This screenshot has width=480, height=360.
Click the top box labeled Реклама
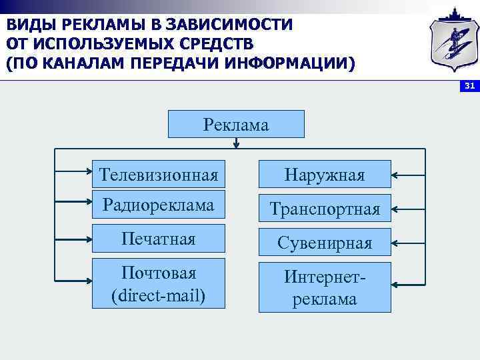click(236, 124)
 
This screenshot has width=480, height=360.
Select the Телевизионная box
click(158, 175)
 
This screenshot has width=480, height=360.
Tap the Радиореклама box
click(158, 205)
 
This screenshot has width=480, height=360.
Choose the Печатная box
click(158, 239)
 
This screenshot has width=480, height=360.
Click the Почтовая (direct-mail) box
click(158, 284)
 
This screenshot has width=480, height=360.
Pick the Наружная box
click(324, 175)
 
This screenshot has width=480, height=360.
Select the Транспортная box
click(324, 209)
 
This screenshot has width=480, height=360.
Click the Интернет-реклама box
click(324, 287)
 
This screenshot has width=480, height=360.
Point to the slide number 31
click(469, 87)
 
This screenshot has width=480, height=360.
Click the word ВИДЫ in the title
click(31, 25)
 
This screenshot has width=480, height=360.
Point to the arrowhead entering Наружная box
click(395, 175)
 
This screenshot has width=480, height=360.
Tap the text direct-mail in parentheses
click(158, 294)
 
